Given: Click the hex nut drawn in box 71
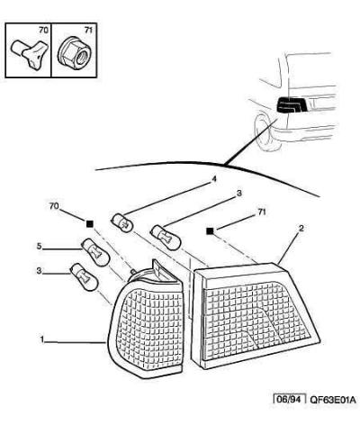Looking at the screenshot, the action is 74,54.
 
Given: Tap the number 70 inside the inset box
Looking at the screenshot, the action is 43,30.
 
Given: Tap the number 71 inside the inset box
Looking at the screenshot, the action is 88,30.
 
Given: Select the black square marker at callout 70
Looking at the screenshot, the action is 90,224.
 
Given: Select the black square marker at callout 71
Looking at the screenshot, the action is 210,231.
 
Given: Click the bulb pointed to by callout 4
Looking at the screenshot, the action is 122,222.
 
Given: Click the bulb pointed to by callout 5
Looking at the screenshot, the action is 95,252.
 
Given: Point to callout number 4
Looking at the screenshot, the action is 214,179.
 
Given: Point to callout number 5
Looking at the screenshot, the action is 39,246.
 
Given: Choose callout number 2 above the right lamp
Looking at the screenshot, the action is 301,229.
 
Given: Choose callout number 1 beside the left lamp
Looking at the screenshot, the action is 42,339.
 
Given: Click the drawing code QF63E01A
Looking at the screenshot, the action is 332,400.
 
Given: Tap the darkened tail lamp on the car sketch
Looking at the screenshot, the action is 291,105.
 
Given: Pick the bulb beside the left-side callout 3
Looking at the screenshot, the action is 84,277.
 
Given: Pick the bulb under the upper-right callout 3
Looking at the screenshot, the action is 166,237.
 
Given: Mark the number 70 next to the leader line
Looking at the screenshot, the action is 54,206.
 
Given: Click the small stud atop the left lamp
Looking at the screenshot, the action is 132,271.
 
